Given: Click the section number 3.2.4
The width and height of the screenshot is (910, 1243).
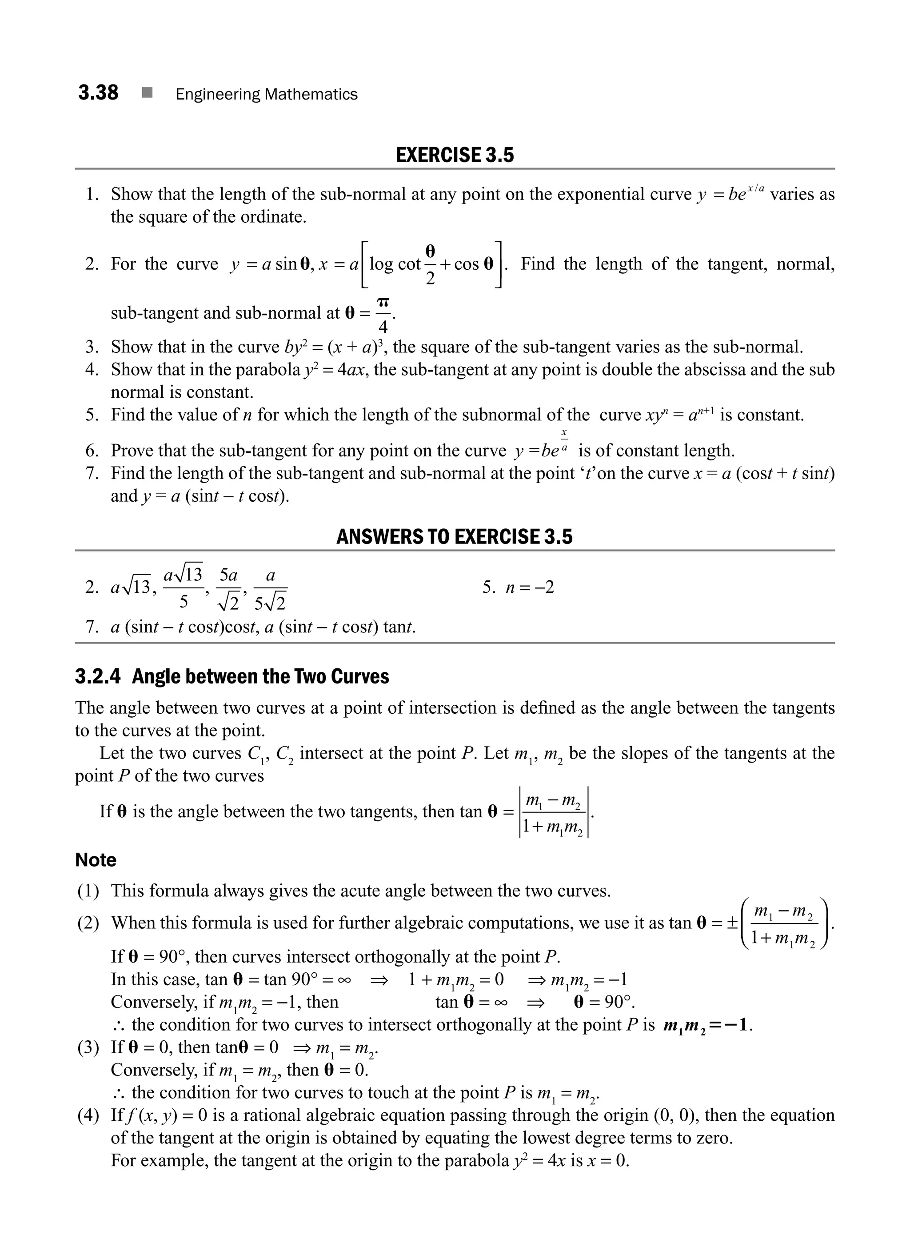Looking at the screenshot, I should [x=97, y=676].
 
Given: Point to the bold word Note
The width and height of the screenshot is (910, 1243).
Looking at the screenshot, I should [x=96, y=860].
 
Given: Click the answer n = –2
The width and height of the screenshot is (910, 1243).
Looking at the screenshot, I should [x=529, y=588].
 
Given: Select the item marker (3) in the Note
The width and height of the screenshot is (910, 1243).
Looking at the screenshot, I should [x=88, y=1047].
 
